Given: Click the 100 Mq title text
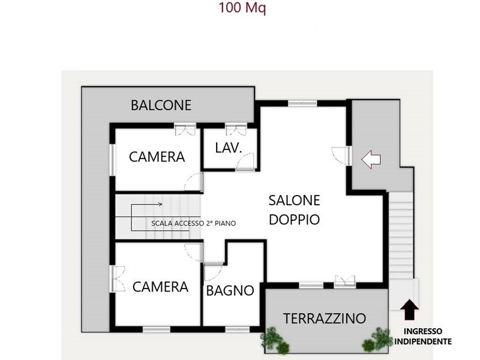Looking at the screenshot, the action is (242, 8).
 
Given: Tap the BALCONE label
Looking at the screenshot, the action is (161, 106).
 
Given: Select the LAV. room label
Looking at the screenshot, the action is (229, 148).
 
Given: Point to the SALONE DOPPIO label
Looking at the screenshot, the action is (294, 210).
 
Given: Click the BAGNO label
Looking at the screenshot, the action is (230, 290).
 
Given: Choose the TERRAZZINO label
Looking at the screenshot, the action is (325, 319).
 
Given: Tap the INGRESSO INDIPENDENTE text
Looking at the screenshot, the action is (423, 336).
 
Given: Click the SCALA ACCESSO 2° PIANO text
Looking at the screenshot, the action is (193, 223).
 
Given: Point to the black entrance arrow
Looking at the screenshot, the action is (410, 310).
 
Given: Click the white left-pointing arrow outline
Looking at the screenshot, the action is (371, 159).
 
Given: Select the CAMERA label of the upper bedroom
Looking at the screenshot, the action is (157, 157).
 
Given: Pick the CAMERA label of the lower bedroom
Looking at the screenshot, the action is (160, 287).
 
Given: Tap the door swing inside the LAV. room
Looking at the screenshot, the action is (245, 161).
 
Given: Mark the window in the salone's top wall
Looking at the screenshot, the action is (302, 103).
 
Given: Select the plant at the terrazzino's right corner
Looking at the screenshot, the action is (377, 340).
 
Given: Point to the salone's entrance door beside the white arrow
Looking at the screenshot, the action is (341, 156).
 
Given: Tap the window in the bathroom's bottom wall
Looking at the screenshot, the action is (238, 329).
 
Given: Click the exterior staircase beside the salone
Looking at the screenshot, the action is (400, 236).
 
